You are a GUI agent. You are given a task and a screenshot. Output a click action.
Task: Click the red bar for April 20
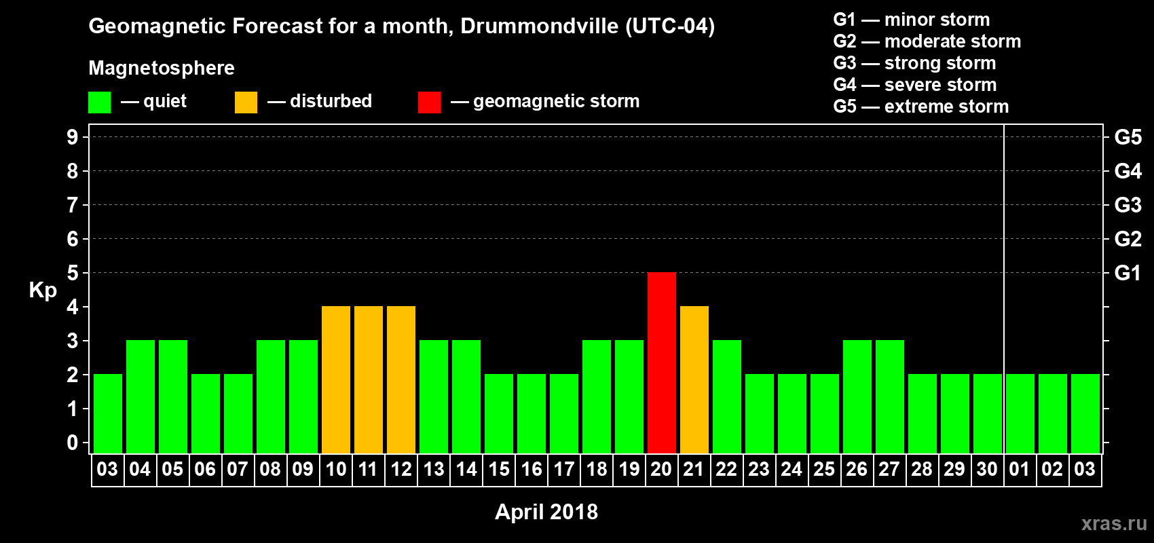point(662,362)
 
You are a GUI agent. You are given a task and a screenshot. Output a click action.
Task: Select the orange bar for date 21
point(694,379)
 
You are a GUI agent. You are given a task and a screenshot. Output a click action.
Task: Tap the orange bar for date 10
point(336,379)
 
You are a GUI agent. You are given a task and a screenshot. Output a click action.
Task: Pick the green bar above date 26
point(857,396)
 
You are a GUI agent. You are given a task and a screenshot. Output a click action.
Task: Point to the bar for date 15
point(499,413)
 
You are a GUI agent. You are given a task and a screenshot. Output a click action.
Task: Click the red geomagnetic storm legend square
point(429,102)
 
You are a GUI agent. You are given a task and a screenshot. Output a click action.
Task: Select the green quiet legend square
point(100,102)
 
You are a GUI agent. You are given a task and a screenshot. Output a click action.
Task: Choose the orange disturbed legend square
point(246,102)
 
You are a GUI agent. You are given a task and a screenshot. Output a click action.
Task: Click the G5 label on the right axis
point(1128,137)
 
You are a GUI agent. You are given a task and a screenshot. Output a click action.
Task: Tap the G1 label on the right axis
point(1128,273)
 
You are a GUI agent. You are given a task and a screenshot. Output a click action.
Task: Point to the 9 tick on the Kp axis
point(73,137)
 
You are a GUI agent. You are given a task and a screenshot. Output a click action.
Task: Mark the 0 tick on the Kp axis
point(73,443)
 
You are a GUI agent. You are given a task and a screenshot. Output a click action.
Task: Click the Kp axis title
point(43,290)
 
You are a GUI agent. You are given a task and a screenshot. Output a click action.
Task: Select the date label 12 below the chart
point(401,469)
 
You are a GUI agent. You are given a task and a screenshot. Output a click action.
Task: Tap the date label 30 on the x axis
point(987,469)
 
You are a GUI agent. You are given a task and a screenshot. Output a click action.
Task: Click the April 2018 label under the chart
point(546,512)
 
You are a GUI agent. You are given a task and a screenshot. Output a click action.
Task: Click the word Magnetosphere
point(162,68)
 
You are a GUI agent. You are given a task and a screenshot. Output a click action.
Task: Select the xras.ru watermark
point(1114,523)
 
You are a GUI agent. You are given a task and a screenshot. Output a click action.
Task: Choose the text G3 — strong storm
point(914,63)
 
